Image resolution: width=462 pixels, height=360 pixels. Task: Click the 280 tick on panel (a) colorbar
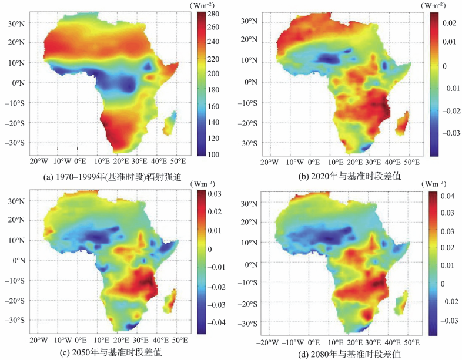pos(212,13)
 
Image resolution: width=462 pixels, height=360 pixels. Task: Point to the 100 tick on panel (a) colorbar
pos(212,154)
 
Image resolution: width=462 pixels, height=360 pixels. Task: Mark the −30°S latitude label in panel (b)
pos(250,143)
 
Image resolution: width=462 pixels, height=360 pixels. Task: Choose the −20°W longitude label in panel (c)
pos(38,341)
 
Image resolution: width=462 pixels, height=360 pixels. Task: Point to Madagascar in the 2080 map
pos(403,305)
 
